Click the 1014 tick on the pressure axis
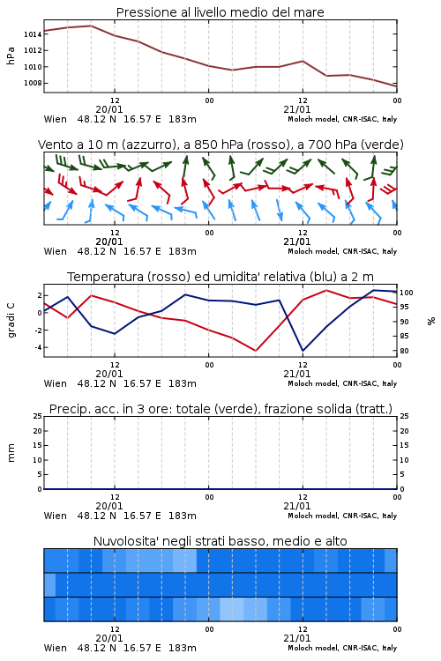pos(33,34)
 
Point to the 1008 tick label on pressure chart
pos(33,83)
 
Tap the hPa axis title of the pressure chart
pos(11,56)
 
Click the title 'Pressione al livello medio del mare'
pos(220,12)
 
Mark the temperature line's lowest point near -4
pos(256,351)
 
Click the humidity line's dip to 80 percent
pos(303,351)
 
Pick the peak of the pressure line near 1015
pos(91,26)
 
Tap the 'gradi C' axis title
pos(11,321)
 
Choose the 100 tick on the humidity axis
pos(407,293)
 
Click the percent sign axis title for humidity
pos(431,321)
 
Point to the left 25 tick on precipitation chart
pos(38,417)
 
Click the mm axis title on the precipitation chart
pos(11,453)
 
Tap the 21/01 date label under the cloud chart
pos(296,638)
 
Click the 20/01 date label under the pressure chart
pos(109,109)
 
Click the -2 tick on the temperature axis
pos(38,330)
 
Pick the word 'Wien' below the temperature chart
pos(56,383)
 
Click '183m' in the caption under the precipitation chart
pos(183,516)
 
